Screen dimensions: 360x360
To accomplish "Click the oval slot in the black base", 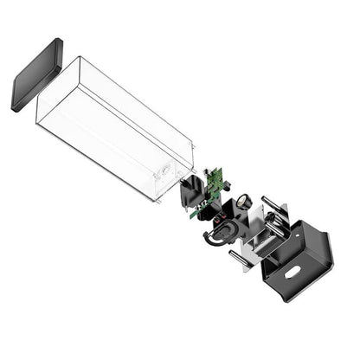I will [293, 271].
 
